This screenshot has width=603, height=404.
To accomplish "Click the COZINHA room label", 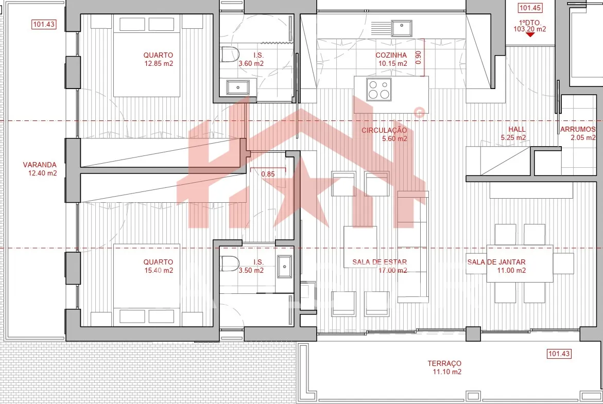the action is (391, 55).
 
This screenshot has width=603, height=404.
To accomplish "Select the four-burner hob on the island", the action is (379, 90).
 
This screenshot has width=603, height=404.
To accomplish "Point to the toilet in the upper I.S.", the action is (230, 55).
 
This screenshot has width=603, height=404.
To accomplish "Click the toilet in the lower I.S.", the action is (230, 264).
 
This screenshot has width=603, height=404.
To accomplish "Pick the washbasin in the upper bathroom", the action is (238, 87).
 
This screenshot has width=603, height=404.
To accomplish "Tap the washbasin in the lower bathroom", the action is (285, 267).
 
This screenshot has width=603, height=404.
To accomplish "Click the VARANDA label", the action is (40, 165).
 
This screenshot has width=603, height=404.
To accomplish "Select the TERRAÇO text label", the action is (444, 363).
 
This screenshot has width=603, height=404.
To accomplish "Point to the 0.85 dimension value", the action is (268, 174).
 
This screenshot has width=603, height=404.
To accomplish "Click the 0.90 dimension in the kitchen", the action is (419, 57).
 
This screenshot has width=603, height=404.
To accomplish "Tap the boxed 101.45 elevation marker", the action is (530, 8).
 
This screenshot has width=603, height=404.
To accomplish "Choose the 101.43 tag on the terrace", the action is (559, 354).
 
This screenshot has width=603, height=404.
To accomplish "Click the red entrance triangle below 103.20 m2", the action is (530, 35).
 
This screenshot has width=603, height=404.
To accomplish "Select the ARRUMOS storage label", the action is (578, 130).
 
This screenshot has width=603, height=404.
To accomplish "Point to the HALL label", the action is (517, 130).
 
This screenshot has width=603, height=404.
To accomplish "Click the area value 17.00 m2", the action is (392, 270).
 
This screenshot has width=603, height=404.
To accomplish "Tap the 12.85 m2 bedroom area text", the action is (159, 63).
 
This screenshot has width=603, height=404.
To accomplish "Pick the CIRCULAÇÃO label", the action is (384, 130).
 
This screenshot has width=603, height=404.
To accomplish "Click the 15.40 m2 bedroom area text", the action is (159, 270).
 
